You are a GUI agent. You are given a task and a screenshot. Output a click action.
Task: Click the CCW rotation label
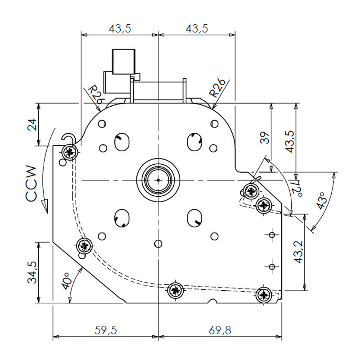[31, 184]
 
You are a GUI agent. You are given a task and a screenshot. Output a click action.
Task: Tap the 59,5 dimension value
[106, 330]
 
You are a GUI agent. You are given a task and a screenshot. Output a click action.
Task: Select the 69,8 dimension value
[220, 330]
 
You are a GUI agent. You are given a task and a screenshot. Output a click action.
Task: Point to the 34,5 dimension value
[32, 272]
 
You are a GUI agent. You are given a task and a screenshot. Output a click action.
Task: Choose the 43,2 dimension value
[298, 252]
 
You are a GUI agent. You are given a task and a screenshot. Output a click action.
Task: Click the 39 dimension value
[265, 138]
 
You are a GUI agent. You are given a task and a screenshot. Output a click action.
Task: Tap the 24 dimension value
[32, 125]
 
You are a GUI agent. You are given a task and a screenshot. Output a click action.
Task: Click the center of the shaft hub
[158, 180]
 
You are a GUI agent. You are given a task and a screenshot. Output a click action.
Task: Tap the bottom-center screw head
[175, 291]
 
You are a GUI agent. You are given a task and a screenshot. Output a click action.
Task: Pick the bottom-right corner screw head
[264, 294]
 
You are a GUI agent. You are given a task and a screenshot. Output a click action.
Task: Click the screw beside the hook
[70, 152]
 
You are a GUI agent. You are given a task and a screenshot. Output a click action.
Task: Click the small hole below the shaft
[158, 243]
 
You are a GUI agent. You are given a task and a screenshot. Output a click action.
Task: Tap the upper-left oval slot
[121, 142]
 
